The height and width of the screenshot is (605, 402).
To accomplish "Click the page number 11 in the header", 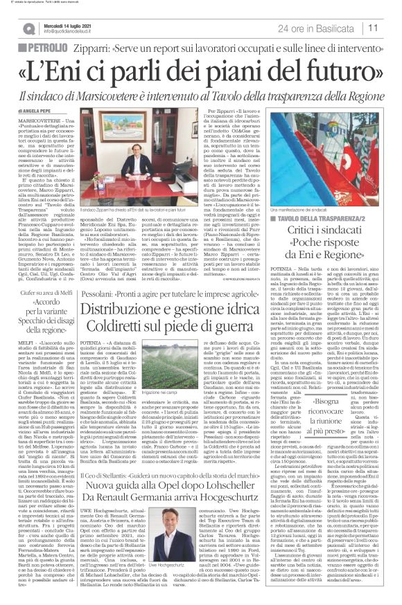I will pos(391,28).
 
